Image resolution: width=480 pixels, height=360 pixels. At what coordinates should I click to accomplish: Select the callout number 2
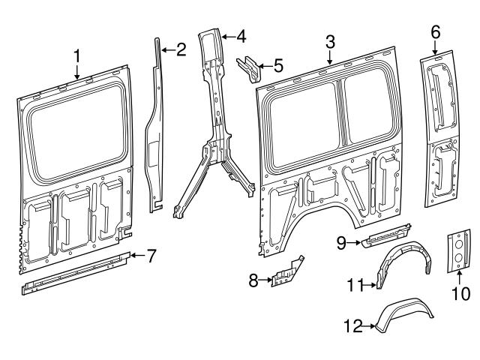click(x=180, y=50)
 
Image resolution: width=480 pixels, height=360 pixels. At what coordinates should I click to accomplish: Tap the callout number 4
click(x=240, y=35)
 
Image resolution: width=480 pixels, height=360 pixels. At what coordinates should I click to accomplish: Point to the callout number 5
click(x=278, y=66)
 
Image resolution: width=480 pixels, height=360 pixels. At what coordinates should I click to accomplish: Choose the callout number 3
click(x=330, y=44)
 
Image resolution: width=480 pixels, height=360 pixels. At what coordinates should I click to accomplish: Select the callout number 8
click(x=253, y=280)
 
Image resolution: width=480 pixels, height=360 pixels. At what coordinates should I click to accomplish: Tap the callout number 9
click(x=340, y=241)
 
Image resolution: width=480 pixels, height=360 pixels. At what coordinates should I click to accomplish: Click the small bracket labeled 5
click(x=249, y=68)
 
